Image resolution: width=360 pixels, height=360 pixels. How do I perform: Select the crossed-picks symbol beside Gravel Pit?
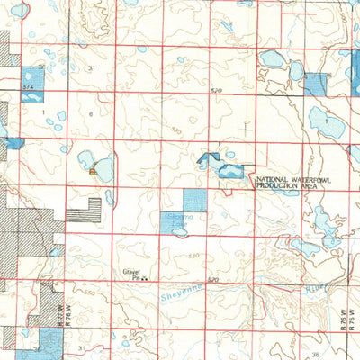tap(145, 279)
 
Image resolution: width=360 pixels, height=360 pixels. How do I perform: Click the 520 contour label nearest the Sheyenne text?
tap(212, 281)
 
